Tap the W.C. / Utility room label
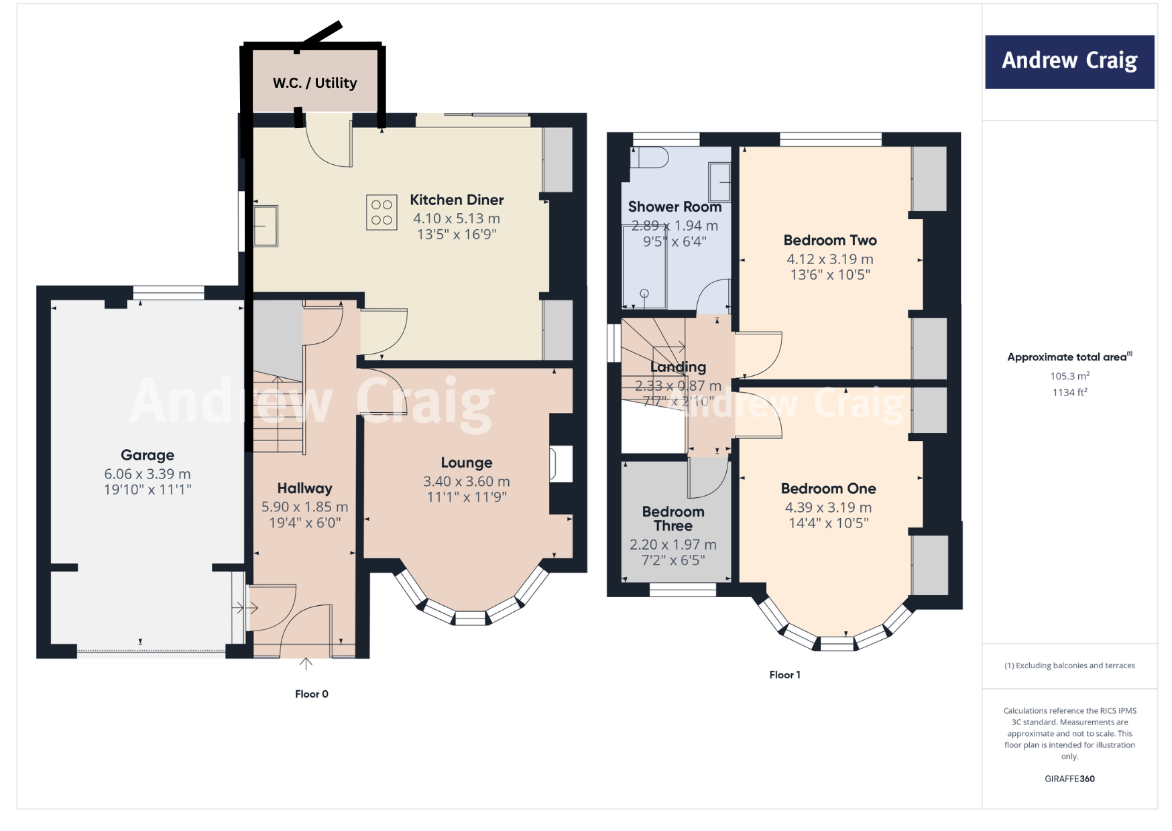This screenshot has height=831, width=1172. tap(314, 83)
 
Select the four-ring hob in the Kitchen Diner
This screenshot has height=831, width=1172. tap(382, 212)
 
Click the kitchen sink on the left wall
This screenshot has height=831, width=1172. tap(266, 226)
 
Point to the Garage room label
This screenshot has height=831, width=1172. tap(148, 455)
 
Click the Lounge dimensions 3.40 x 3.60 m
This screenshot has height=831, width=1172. tap(466, 481)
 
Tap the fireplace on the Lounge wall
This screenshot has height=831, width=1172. tap(561, 464)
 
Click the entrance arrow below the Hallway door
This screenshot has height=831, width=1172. tap(306, 663)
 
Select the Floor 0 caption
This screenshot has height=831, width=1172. tap(311, 694)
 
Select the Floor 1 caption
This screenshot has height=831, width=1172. tap(784, 675)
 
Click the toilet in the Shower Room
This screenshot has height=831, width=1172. tap(649, 157)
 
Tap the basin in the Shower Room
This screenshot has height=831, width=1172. tap(720, 182)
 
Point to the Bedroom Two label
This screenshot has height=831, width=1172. tap(829, 240)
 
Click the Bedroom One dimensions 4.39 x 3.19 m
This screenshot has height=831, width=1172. tap(828, 507)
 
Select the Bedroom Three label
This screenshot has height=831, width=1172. tap(673, 519)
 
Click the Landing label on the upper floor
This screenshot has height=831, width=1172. tap(678, 367)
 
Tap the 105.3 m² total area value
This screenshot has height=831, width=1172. tap(1069, 376)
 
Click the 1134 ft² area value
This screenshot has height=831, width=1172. tap(1069, 393)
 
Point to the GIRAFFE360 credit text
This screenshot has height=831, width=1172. tap(1069, 779)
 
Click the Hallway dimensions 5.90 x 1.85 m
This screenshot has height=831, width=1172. tap(304, 507)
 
